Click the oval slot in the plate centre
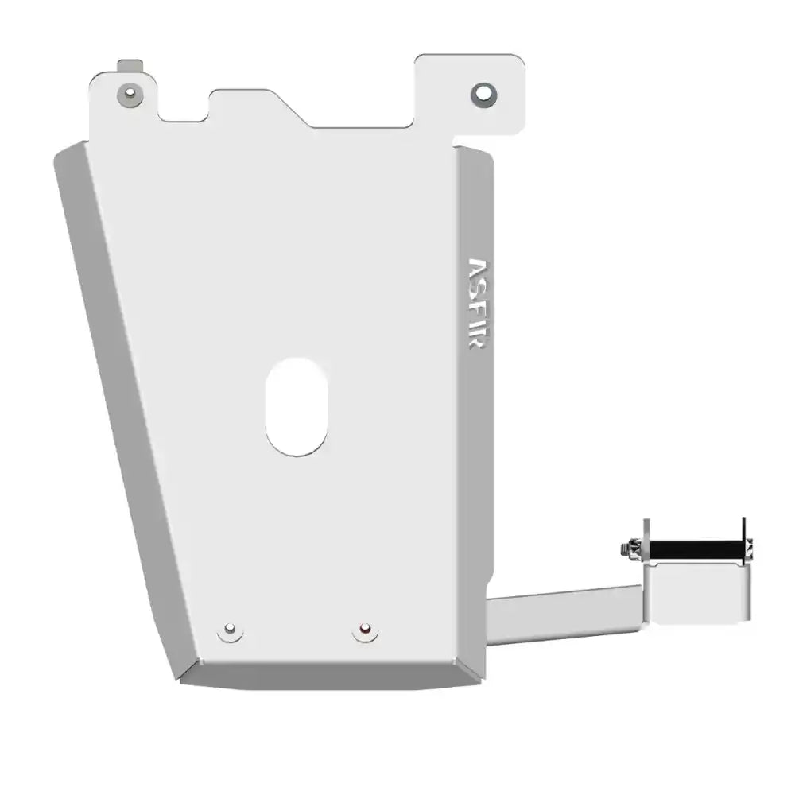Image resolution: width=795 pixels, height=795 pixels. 296,406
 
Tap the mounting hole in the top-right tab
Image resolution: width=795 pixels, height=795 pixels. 483,95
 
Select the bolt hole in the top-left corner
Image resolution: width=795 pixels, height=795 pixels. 129,95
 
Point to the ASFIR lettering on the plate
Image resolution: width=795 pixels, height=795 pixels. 477,306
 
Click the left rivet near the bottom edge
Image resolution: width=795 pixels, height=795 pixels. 230,630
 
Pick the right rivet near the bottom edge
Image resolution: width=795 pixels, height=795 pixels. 365,630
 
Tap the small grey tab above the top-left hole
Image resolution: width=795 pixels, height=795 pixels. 129,65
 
